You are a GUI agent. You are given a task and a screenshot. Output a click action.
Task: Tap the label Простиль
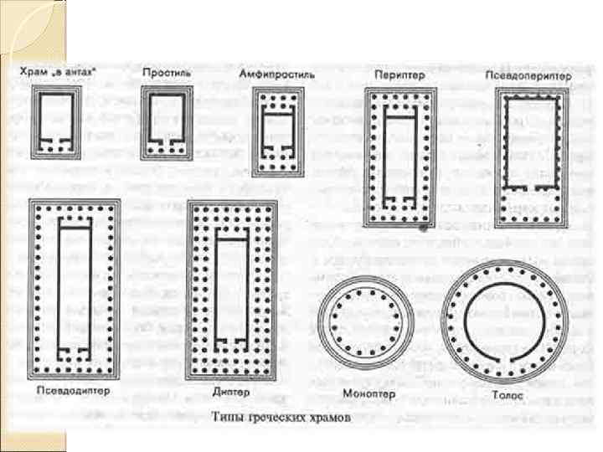coord(167,74)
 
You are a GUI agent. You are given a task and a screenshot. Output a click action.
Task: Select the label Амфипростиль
coord(276,74)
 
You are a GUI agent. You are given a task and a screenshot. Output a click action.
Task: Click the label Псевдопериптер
coord(528,75)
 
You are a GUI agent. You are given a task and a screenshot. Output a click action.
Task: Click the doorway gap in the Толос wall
coord(502,360)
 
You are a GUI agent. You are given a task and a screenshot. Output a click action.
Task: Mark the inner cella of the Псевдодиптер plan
coord(73,285)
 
